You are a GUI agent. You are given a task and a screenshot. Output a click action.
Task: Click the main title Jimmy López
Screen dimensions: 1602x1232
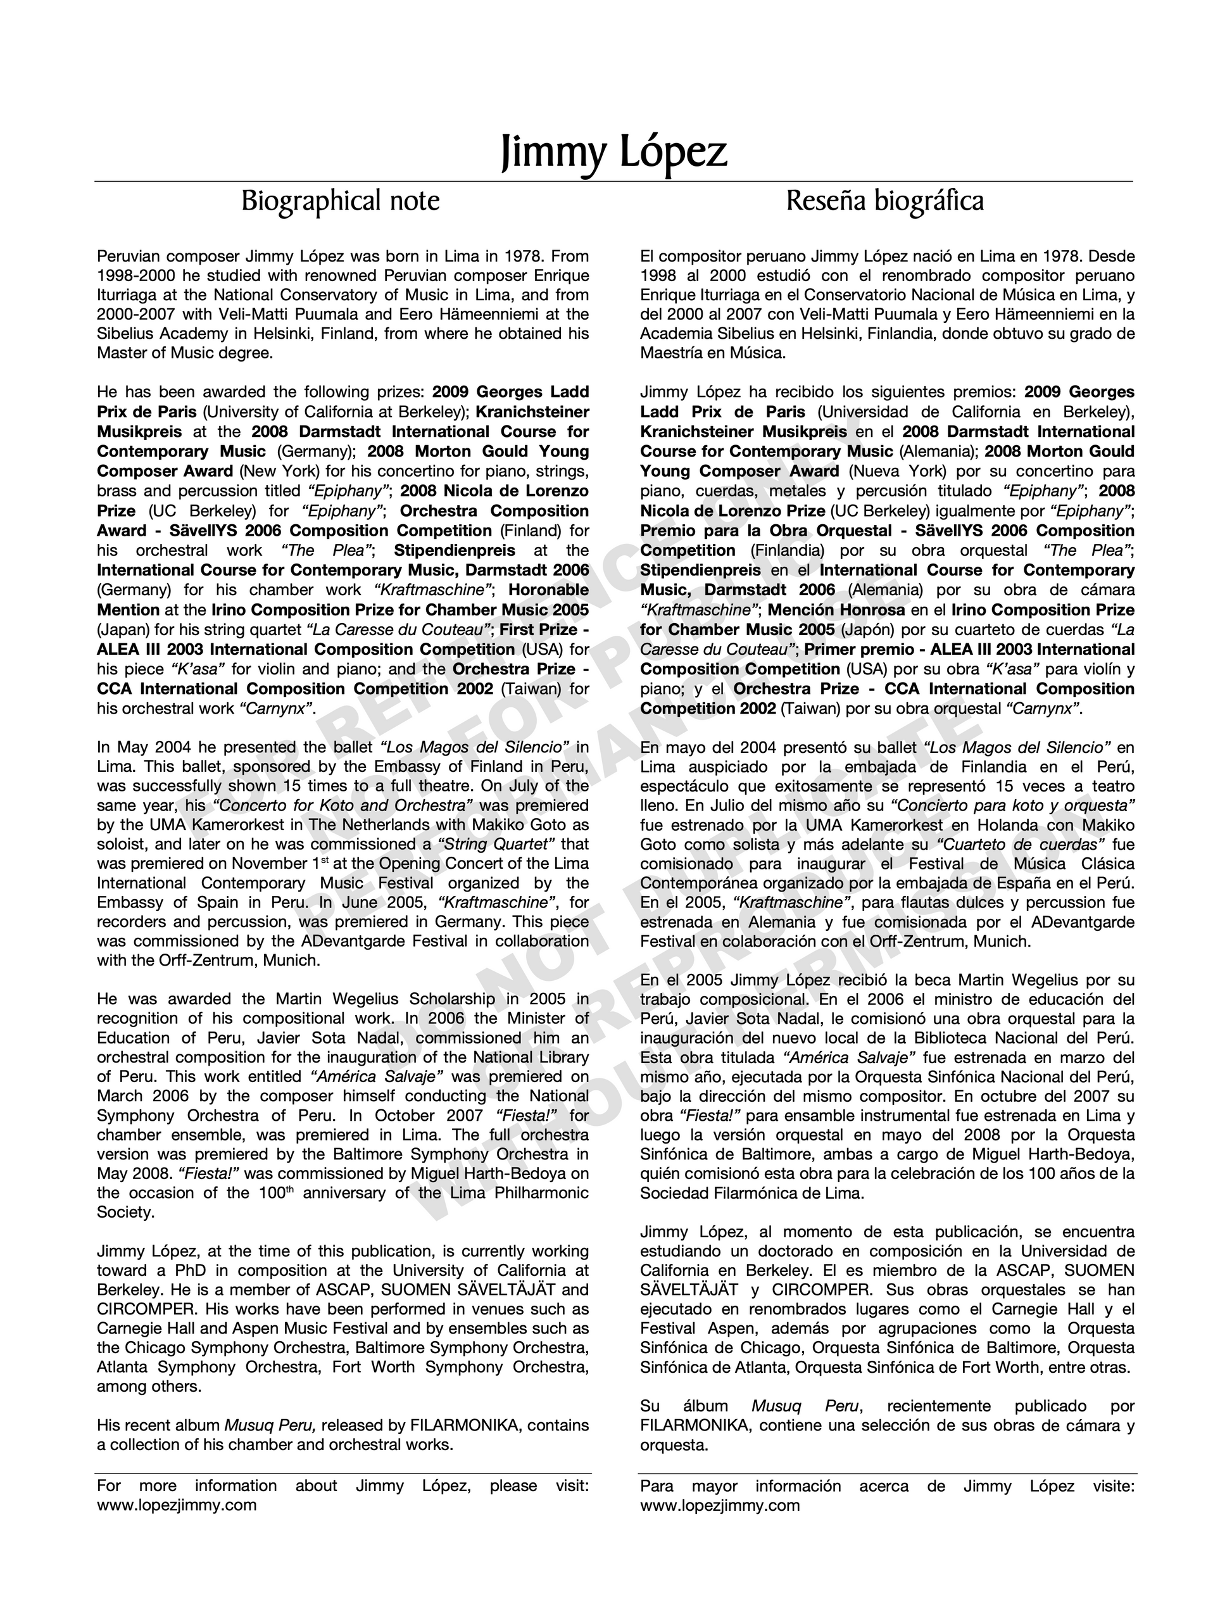pyautogui.click(x=614, y=152)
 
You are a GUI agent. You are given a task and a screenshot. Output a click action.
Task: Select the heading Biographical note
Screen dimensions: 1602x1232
pyautogui.click(x=341, y=201)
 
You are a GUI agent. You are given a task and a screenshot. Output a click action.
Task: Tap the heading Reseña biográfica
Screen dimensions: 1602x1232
pyautogui.click(x=884, y=201)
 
